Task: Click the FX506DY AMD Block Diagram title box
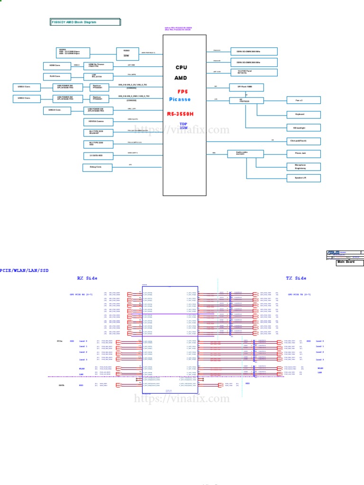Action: pyautogui.click(x=86, y=22)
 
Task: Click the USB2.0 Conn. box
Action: pyautogui.click(x=57, y=110)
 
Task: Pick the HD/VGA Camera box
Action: pyautogui.click(x=96, y=122)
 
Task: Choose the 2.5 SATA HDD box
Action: pyautogui.click(x=96, y=155)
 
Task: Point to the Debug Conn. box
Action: pyautogui.click(x=96, y=167)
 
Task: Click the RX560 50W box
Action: pyautogui.click(x=127, y=53)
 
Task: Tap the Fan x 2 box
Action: pyautogui.click(x=303, y=100)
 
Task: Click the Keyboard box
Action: pyautogui.click(x=303, y=115)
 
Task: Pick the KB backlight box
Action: pyautogui.click(x=303, y=128)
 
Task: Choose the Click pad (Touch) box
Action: pyautogui.click(x=303, y=141)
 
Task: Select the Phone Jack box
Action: pyautogui.click(x=303, y=153)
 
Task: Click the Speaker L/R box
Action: pyautogui.click(x=303, y=178)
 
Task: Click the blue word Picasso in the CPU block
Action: pyautogui.click(x=180, y=99)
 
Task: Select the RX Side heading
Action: pyautogui.click(x=87, y=278)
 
